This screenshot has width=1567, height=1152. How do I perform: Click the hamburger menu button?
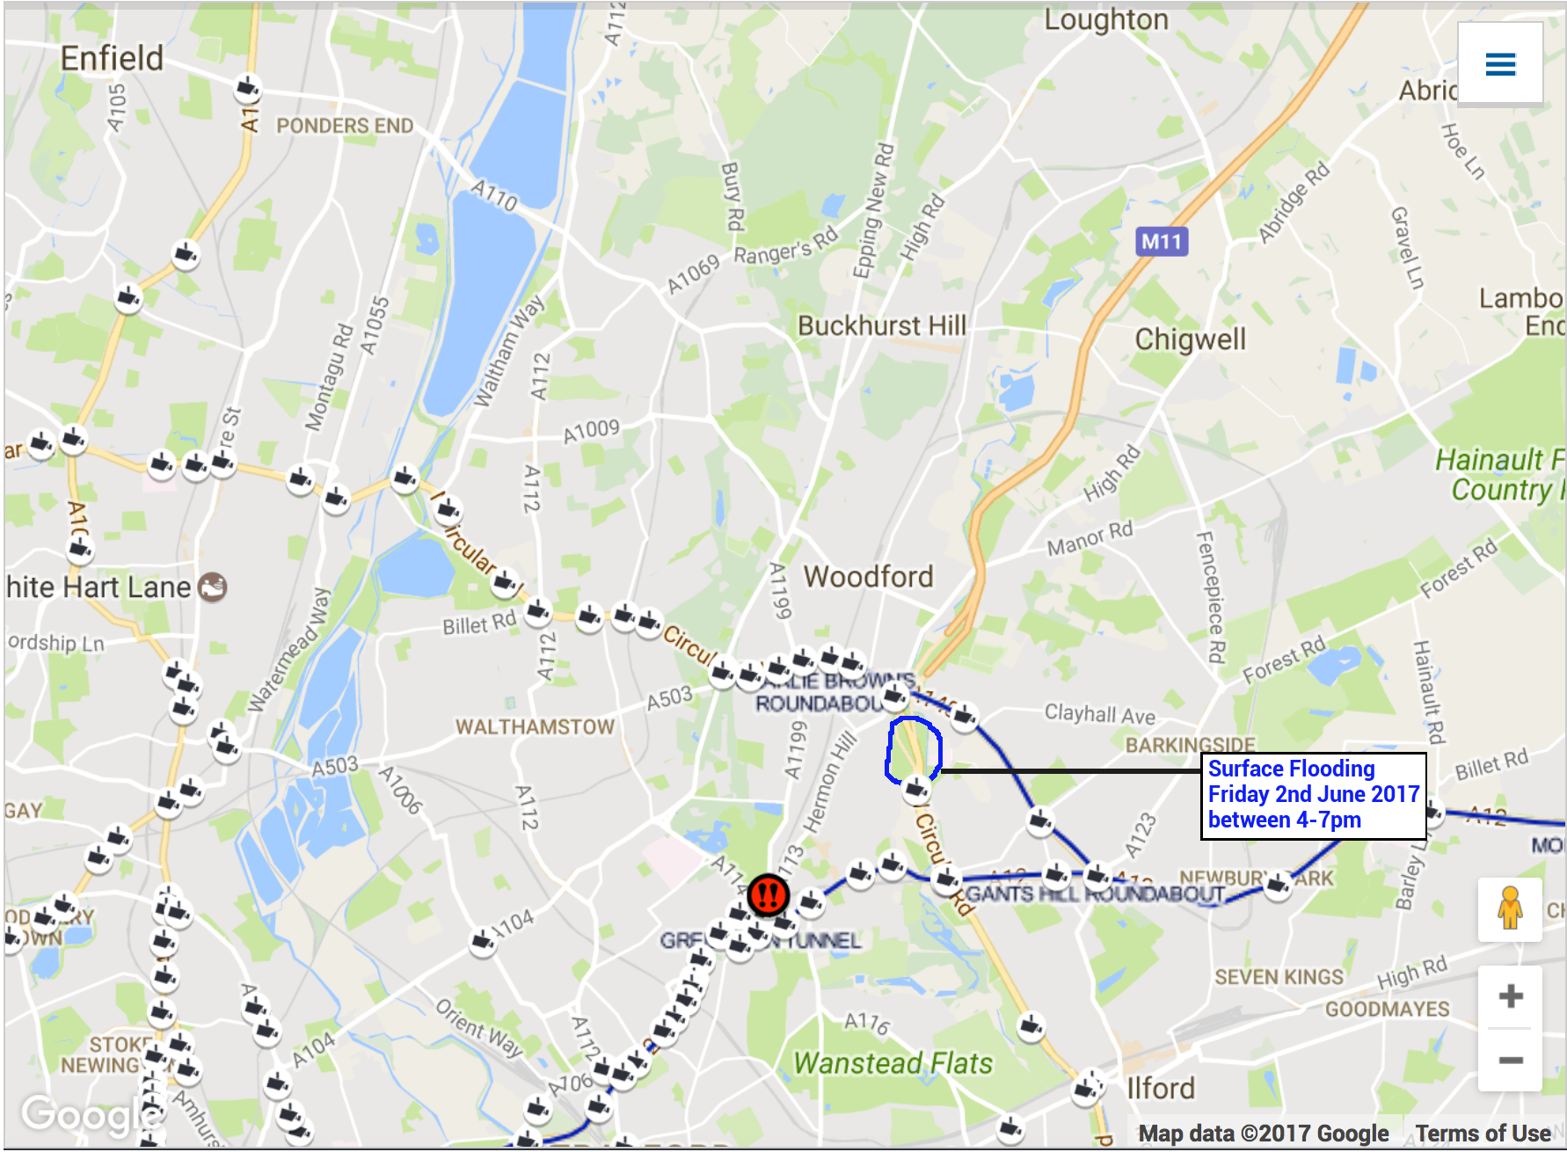[x=1500, y=64]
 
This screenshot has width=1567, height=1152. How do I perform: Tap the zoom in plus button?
[x=1511, y=996]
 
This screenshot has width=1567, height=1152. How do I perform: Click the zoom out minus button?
[x=1511, y=1060]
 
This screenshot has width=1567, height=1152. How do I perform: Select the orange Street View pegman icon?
[x=1510, y=909]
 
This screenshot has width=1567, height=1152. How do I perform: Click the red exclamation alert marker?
[x=768, y=895]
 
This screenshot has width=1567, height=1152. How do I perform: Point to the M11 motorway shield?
[x=1162, y=242]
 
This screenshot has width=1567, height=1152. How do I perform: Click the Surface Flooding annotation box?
[x=1313, y=795]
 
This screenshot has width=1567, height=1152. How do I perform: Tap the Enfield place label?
[x=112, y=59]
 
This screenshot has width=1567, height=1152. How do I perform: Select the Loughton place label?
[x=1105, y=20]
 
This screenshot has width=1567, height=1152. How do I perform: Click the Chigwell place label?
[x=1190, y=339]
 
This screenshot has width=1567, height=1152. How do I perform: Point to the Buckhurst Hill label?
[x=881, y=326]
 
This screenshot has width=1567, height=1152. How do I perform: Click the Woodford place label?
[x=868, y=577]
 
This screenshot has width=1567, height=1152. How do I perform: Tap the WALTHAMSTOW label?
[x=535, y=727]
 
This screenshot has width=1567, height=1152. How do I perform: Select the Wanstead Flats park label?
[x=893, y=1063]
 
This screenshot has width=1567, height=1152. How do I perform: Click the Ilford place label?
[x=1160, y=1089]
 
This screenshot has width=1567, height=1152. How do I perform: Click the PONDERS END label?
[x=345, y=126]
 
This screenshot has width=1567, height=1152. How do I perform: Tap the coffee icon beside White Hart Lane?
[x=213, y=587]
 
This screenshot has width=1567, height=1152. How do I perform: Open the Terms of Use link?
[x=1483, y=1134]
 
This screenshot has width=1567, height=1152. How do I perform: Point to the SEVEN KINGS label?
[x=1279, y=978]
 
